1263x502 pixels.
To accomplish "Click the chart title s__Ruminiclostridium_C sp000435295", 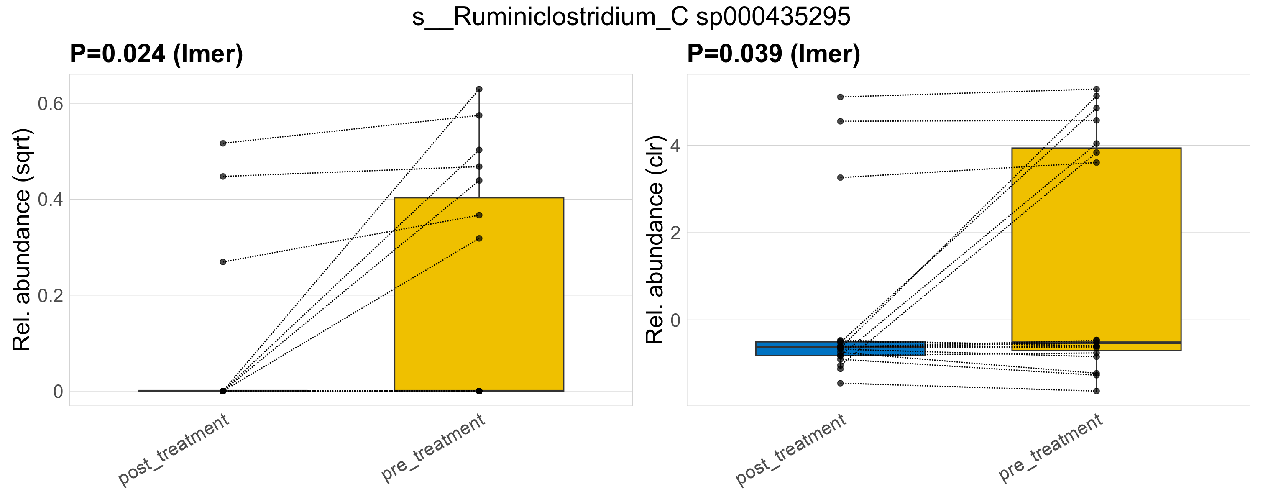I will click(631, 17).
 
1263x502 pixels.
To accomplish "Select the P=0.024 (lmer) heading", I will click(156, 54).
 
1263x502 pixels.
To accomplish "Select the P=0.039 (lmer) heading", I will click(773, 54).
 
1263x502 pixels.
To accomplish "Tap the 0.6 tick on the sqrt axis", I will click(51, 104).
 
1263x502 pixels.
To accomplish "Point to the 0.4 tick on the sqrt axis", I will click(51, 200).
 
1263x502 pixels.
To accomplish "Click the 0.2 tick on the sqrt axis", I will click(51, 296).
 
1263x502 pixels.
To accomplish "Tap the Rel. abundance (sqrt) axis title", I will click(22, 240).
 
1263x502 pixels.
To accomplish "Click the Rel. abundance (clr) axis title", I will click(655, 240).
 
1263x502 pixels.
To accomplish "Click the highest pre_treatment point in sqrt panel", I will click(479, 89).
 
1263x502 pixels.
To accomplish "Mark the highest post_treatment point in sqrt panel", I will click(223, 143).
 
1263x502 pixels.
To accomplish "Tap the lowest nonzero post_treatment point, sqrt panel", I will click(223, 262).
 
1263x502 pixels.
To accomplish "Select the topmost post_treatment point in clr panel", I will click(840, 97).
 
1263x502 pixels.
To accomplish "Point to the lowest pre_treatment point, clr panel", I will click(1096, 391).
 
